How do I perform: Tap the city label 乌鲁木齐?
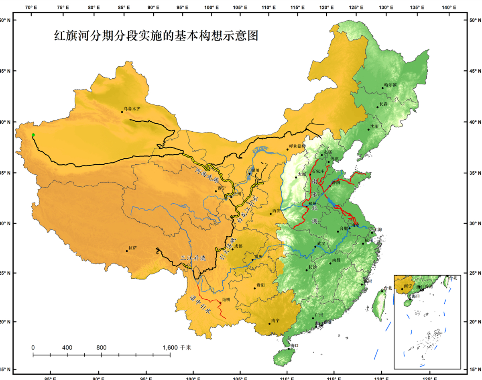tap(132, 108)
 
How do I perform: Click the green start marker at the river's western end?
tap(33, 135)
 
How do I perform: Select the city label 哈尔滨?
tap(390, 85)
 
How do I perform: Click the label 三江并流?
tap(193, 258)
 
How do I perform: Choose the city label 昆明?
tap(226, 300)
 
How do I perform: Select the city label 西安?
tap(276, 210)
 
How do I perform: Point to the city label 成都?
tap(238, 246)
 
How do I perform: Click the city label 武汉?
tap(321, 243)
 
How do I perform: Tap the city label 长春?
tap(384, 104)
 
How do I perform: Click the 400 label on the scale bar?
tap(67, 347)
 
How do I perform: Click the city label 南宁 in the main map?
tap(275, 321)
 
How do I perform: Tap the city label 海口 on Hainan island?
tap(294, 345)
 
